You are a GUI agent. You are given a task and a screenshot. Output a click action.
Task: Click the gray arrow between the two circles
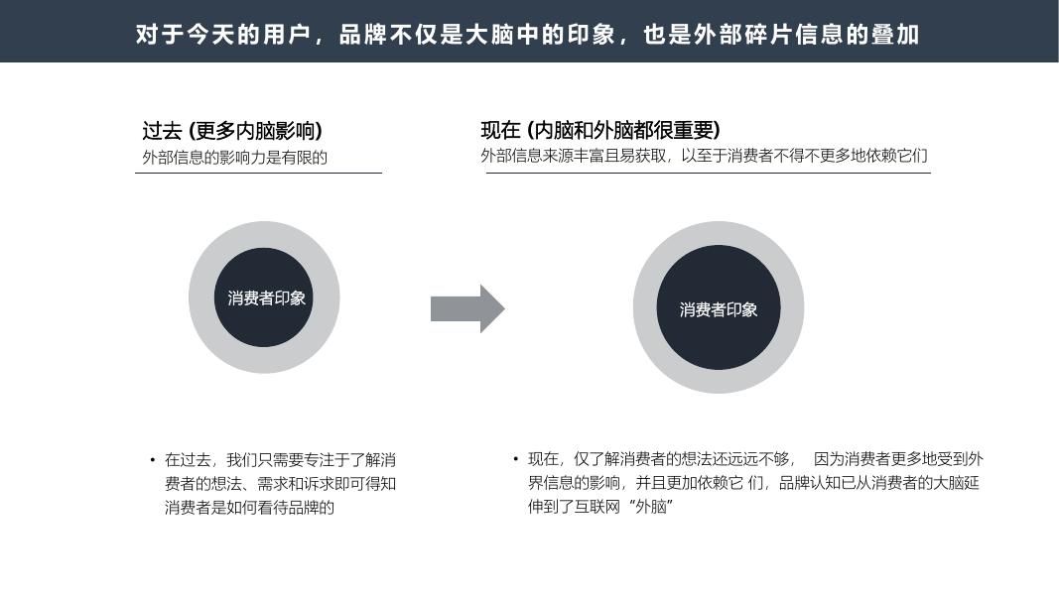pos(466,308)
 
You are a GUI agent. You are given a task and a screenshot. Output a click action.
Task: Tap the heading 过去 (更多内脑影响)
pos(231,131)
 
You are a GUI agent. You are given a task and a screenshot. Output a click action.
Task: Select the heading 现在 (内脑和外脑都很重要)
pos(599,130)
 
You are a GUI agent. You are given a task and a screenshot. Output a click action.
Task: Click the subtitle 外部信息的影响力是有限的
pos(234,157)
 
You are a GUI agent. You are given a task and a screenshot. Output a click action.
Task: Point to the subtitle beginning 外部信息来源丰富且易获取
pos(704,156)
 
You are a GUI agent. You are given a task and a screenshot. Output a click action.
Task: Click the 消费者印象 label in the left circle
pos(266,297)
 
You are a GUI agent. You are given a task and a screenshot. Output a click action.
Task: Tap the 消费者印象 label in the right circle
pos(718,309)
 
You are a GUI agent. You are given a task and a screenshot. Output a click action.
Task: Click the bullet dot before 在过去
pos(152,460)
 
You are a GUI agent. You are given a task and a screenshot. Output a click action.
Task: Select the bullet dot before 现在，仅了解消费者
pos(515,459)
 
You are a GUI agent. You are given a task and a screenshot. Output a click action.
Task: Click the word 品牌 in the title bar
pos(364,35)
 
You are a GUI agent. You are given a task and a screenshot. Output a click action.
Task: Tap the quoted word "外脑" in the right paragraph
pos(651,507)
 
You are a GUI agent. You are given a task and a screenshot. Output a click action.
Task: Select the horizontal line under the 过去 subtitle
pos(258,174)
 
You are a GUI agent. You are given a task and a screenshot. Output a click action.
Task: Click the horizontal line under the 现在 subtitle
pos(708,174)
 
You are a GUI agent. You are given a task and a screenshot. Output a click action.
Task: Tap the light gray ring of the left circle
pos(201,297)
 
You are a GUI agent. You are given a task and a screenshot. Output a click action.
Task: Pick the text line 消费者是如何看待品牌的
pos(248,508)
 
